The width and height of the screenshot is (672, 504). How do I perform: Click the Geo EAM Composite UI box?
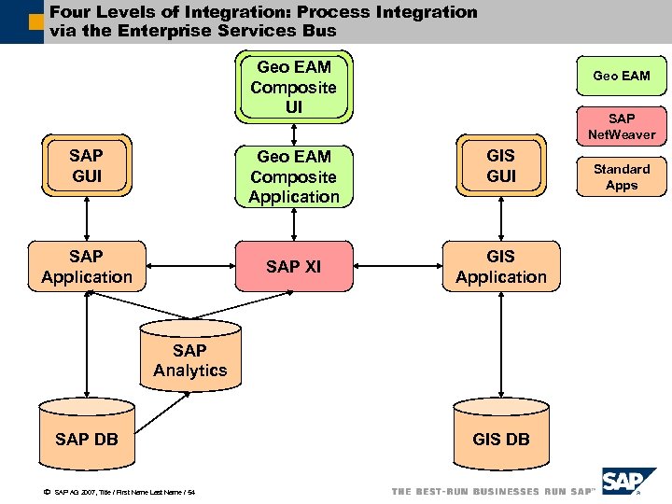[294, 88]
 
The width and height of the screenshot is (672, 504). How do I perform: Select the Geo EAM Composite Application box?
[294, 176]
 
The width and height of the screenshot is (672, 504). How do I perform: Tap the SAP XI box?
[293, 267]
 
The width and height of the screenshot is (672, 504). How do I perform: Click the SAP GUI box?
[86, 166]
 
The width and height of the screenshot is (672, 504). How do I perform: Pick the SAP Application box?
[87, 266]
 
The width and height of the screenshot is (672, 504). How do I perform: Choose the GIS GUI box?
[501, 166]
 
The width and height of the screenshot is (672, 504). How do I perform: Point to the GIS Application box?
[501, 266]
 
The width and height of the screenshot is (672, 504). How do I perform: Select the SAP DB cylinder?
[87, 435]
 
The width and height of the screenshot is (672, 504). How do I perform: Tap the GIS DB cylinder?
[501, 435]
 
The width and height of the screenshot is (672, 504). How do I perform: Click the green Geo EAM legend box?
[622, 76]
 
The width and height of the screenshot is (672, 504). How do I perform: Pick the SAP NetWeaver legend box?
[622, 126]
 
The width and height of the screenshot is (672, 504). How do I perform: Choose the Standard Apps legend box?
[622, 176]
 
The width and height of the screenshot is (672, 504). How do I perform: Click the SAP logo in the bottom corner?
[632, 482]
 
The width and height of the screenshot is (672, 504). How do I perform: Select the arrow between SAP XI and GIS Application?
[397, 267]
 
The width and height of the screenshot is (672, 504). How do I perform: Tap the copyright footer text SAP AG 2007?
[117, 492]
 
